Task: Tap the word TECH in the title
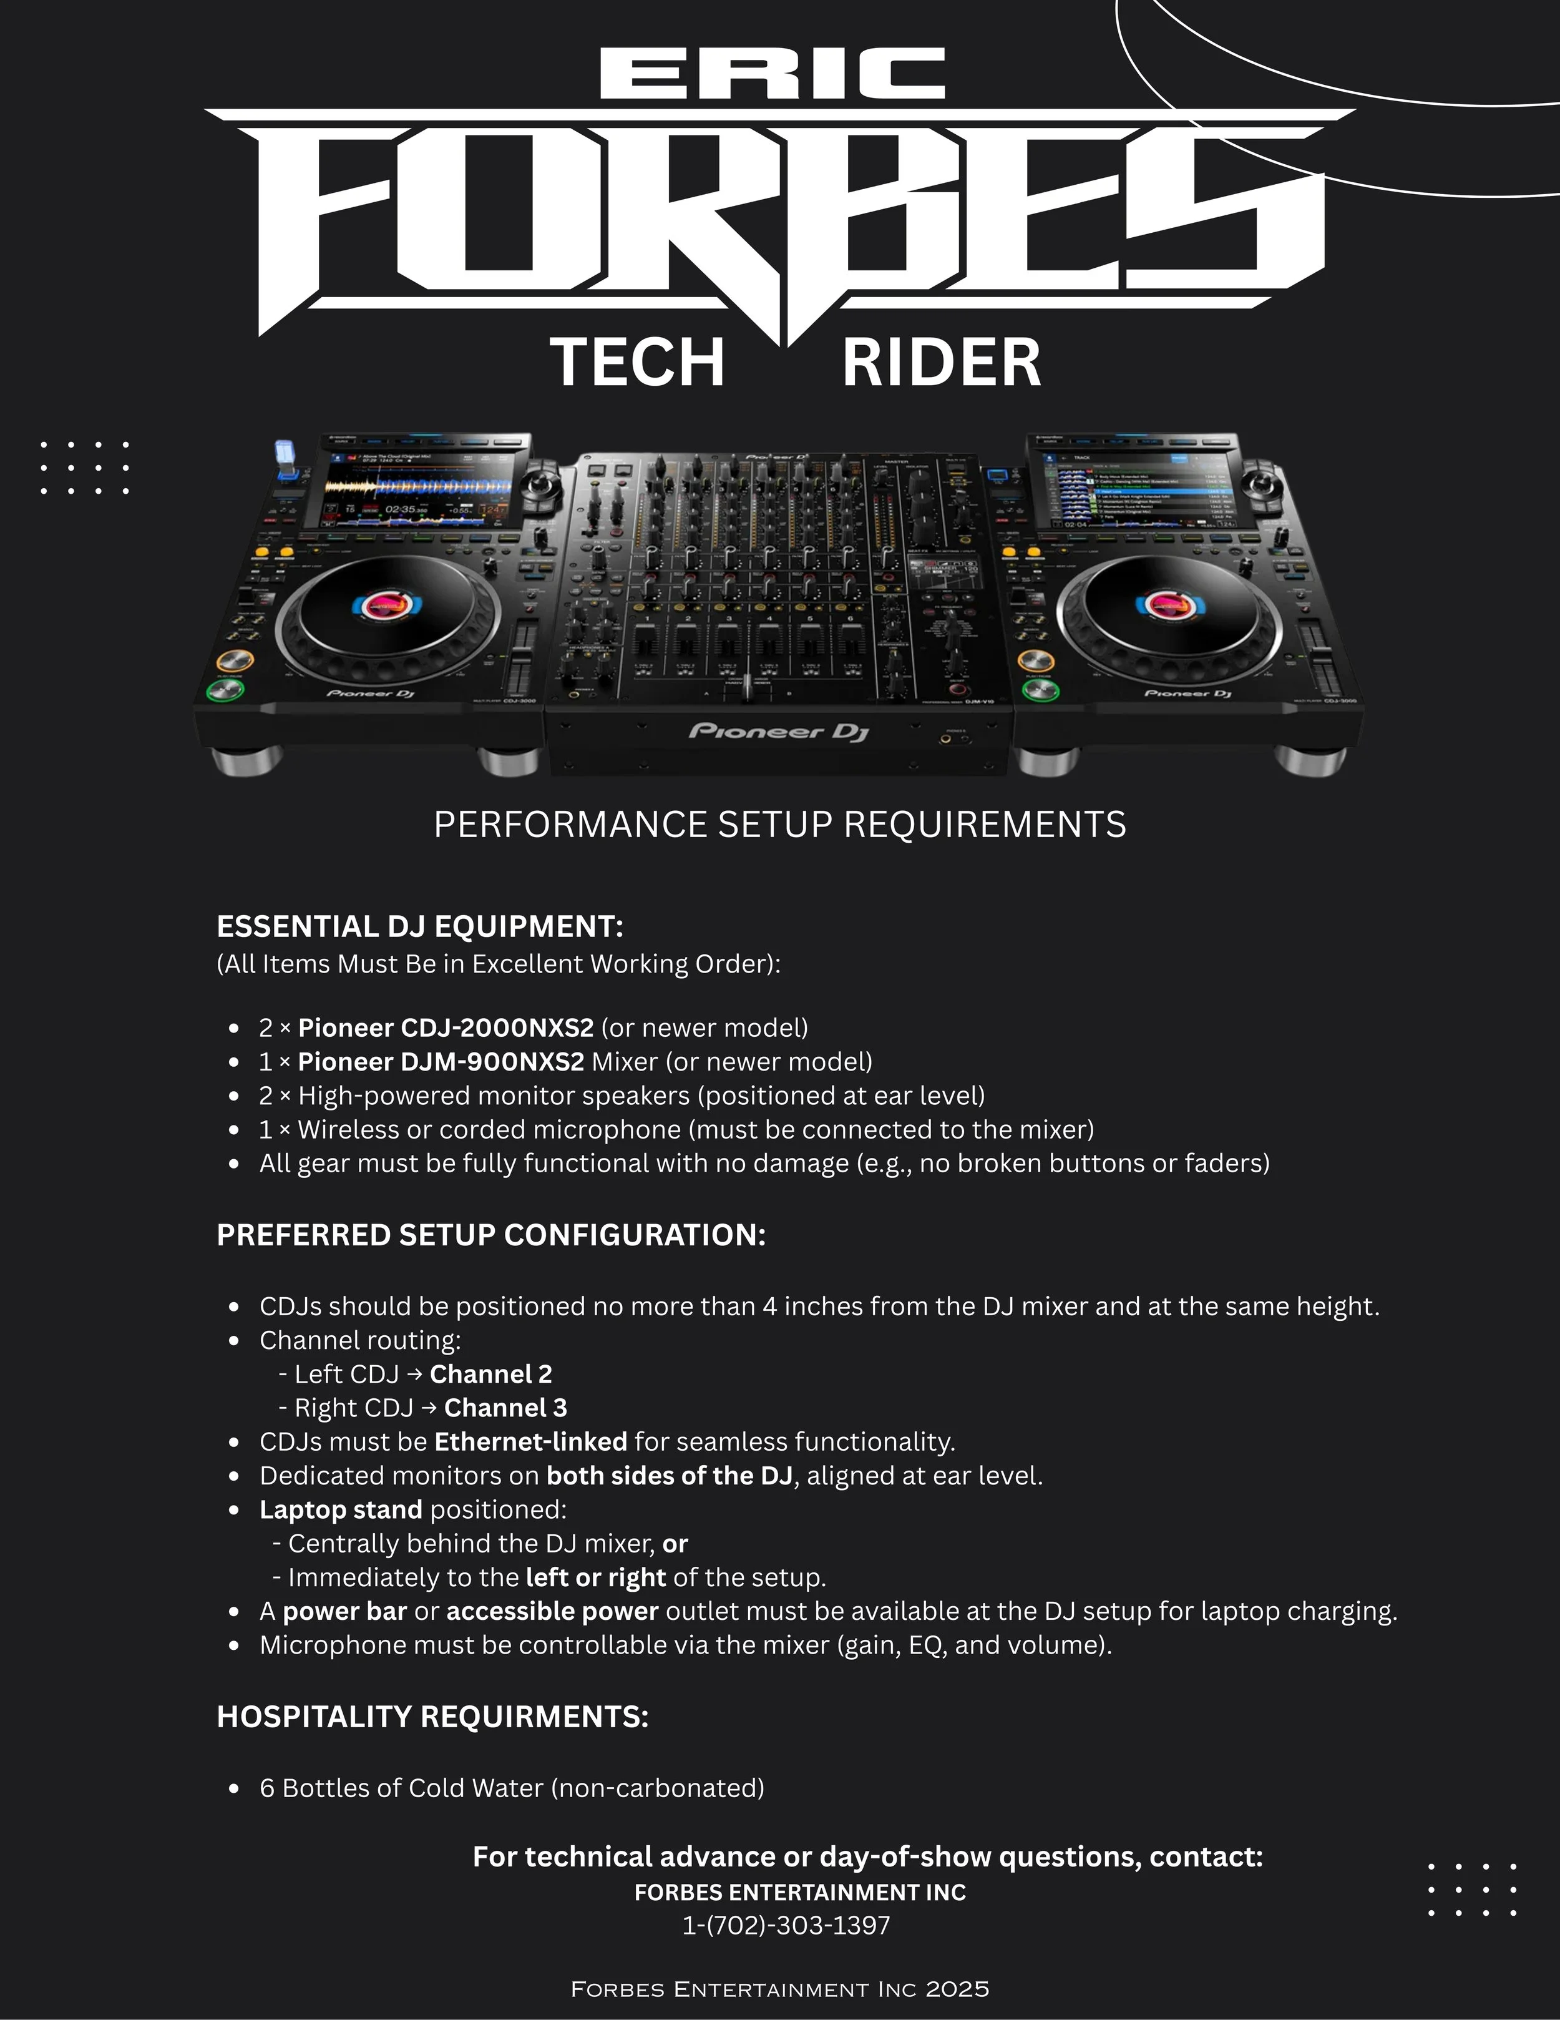[x=637, y=363]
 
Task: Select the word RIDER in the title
[x=942, y=363]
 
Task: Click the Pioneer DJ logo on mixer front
[x=779, y=732]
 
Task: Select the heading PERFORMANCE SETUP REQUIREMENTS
[x=779, y=824]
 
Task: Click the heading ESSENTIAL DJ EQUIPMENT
[x=420, y=926]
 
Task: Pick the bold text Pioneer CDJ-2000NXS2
[x=446, y=1027]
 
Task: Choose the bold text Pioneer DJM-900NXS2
[x=441, y=1062]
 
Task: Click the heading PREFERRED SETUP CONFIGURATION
[x=491, y=1235]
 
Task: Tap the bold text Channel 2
[x=491, y=1375]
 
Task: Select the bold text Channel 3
[x=506, y=1408]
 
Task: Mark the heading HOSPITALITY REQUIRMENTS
[x=432, y=1717]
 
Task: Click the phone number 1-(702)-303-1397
[x=786, y=1926]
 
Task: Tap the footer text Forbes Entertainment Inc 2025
[x=779, y=1989]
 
